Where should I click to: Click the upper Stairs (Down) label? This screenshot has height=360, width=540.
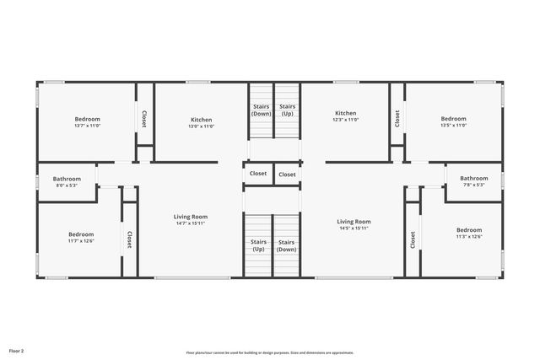point(261,110)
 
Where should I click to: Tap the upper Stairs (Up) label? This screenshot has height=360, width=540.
point(288,110)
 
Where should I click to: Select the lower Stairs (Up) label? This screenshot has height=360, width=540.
point(258,245)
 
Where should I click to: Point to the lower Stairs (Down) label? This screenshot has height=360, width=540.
point(286,245)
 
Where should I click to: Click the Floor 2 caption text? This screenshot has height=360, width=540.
point(16,350)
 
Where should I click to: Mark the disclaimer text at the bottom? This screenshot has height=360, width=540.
point(270,353)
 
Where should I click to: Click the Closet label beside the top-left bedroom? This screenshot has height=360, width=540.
point(144,119)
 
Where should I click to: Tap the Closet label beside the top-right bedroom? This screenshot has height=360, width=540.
point(397,119)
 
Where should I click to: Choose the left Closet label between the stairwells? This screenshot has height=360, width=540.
point(258,174)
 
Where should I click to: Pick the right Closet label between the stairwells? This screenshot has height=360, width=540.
point(287,175)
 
